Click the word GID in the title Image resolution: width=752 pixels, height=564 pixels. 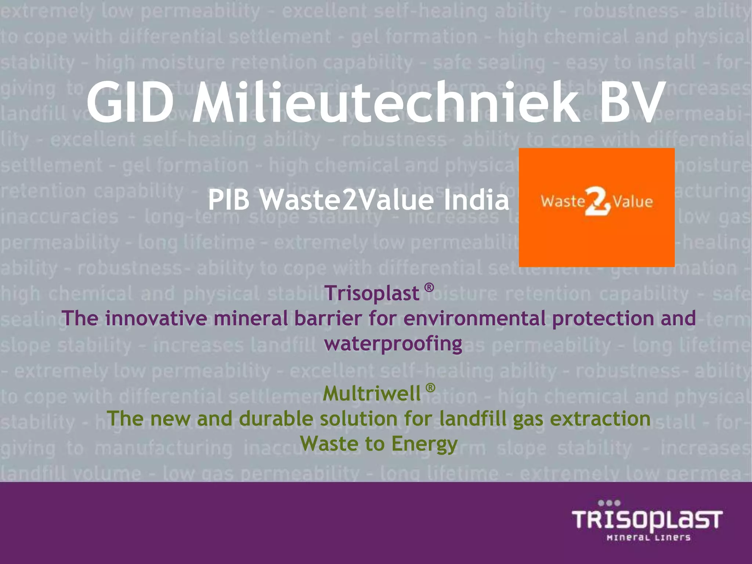(130, 103)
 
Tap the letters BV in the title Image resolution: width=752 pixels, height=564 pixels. (632, 103)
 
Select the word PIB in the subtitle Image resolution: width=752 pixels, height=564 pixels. (229, 200)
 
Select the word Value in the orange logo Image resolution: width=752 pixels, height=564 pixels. (633, 202)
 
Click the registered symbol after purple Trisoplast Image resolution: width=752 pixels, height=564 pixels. (429, 287)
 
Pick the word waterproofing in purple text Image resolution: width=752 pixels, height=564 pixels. (393, 344)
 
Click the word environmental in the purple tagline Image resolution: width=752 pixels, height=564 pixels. (474, 318)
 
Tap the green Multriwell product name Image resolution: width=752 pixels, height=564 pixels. (372, 394)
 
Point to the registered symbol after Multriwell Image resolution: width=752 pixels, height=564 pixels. (430, 388)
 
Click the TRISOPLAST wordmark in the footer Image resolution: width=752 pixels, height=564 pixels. (647, 520)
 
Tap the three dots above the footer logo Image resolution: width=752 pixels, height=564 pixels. (609, 503)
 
